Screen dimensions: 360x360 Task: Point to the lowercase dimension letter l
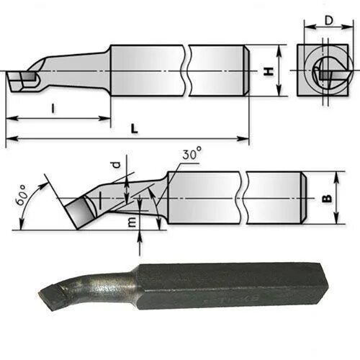tap(53, 108)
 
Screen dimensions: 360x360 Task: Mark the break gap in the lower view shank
tap(242, 197)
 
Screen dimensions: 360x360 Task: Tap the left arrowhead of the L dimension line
tap(9, 138)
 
